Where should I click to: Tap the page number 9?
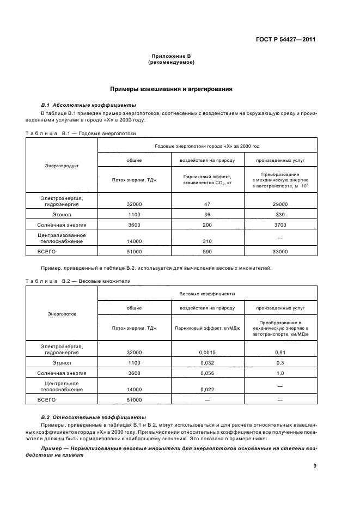pos(315,465)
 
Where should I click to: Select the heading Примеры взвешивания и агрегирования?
pos(172,88)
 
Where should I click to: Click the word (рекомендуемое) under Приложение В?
pos(172,63)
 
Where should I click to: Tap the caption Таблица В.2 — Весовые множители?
pos(78,281)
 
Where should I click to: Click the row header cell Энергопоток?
pos(62,314)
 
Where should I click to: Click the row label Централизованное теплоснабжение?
pos(62,238)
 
